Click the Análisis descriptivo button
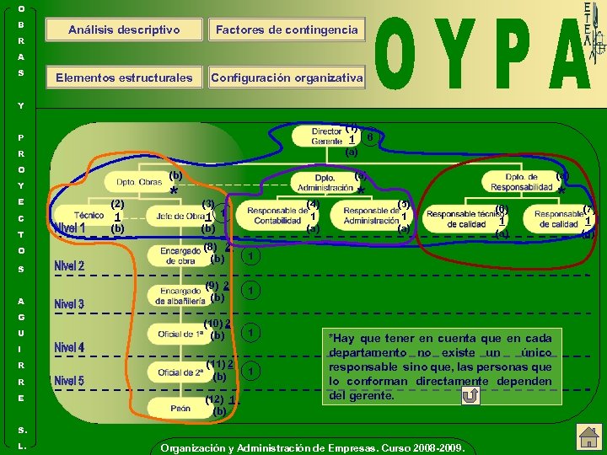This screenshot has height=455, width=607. pyautogui.click(x=125, y=30)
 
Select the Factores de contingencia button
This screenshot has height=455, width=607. pyautogui.click(x=287, y=30)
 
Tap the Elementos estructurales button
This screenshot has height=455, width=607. pyautogui.click(x=125, y=78)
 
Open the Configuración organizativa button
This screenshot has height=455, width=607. pyautogui.click(x=287, y=78)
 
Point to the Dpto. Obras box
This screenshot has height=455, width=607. pyautogui.click(x=139, y=181)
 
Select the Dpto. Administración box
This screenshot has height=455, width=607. pyautogui.click(x=325, y=183)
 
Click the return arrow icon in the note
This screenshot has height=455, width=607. pyautogui.click(x=470, y=395)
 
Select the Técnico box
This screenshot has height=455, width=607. pyautogui.click(x=89, y=216)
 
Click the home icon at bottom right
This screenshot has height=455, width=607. pyautogui.click(x=586, y=436)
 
